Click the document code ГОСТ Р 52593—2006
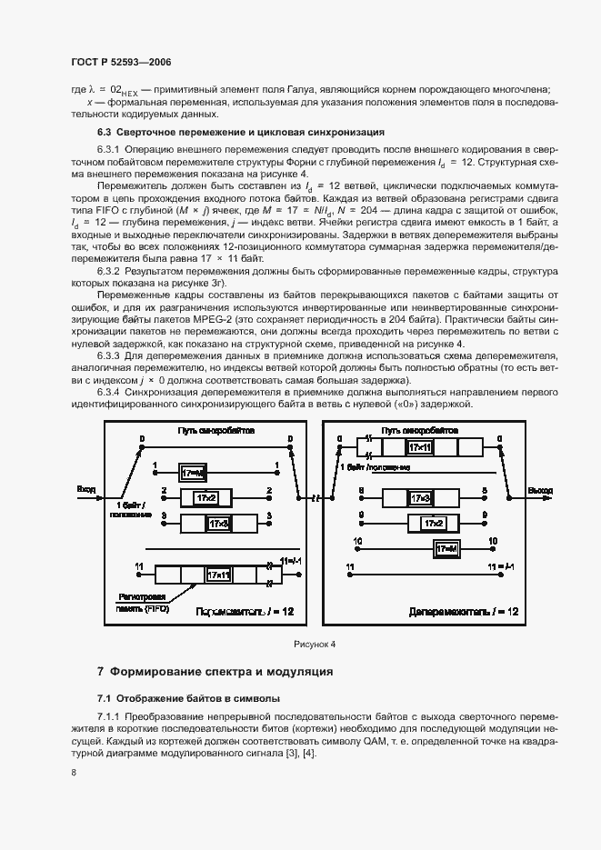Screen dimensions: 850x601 pyautogui.click(x=121, y=61)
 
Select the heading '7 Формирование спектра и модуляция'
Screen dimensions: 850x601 pyautogui.click(x=215, y=672)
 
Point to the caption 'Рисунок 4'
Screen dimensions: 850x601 pyautogui.click(x=315, y=644)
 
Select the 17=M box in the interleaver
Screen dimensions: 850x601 pyautogui.click(x=194, y=473)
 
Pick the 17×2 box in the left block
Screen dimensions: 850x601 pyautogui.click(x=206, y=498)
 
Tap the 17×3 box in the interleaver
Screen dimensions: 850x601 pyautogui.click(x=218, y=524)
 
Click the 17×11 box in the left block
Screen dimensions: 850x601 pyautogui.click(x=217, y=575)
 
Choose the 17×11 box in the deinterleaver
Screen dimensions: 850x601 pyautogui.click(x=420, y=447)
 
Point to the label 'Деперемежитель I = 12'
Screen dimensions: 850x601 pyautogui.click(x=464, y=612)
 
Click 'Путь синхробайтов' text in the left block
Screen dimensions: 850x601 pyautogui.click(x=215, y=428)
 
